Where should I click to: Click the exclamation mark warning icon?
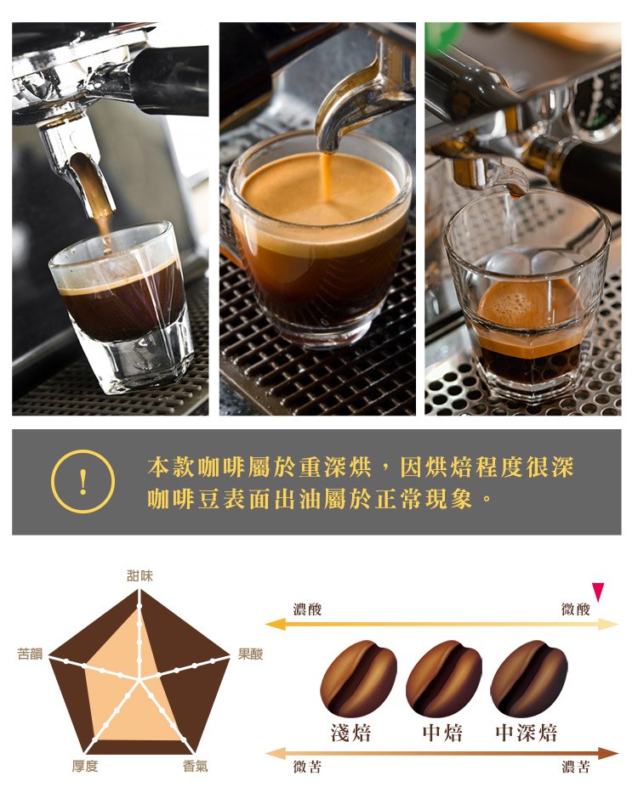coord(83,481)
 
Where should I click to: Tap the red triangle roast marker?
coord(598,591)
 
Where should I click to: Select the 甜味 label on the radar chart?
coord(140,575)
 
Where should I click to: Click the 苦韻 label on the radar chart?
coord(30,654)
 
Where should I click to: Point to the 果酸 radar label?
coord(250,654)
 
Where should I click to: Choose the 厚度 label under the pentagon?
coord(85,766)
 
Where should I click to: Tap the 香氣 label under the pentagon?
coord(196,766)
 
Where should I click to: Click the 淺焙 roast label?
coord(351,733)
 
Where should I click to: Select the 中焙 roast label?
coord(442,733)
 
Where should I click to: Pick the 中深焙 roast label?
coord(527,733)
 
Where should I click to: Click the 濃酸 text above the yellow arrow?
coord(307,609)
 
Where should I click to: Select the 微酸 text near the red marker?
coord(575,609)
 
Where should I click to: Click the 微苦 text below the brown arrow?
coord(307,766)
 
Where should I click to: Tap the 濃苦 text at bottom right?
coord(575,766)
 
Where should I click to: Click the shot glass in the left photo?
coord(122,305)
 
